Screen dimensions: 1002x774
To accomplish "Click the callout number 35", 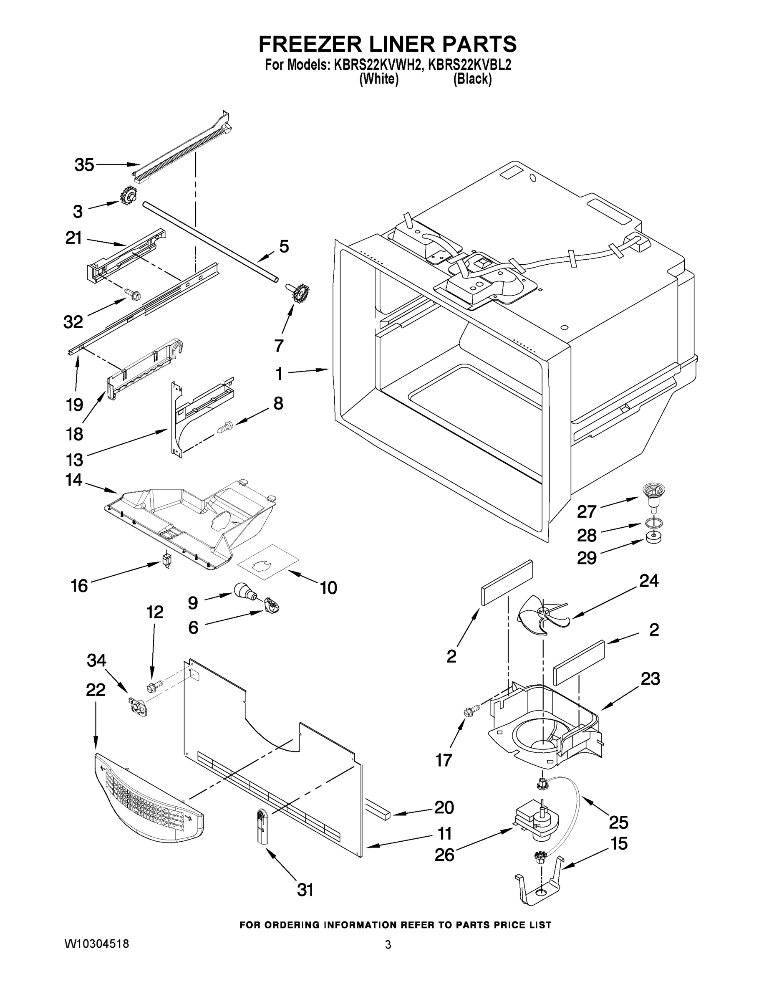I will pos(84,165).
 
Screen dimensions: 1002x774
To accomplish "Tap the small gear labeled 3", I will pos(129,196).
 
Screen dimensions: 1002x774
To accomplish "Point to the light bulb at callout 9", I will pos(245,590).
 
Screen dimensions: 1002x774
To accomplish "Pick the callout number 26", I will pos(444,854).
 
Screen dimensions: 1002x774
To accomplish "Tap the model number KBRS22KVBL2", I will pos(469,65).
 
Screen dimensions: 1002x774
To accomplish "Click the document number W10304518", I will pos(96,944).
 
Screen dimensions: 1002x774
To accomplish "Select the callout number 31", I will pos(305,890).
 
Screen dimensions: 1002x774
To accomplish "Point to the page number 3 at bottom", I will pos(388,945).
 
